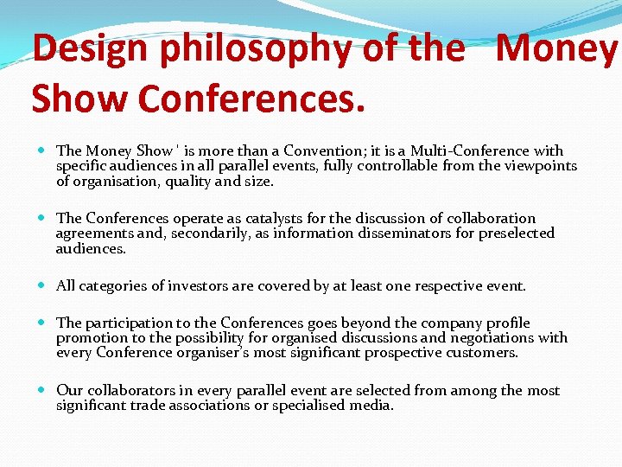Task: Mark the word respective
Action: tap(449, 285)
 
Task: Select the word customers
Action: tap(484, 353)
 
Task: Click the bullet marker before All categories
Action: tap(44, 285)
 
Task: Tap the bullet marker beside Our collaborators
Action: tap(44, 391)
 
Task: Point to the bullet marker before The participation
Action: tap(44, 323)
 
